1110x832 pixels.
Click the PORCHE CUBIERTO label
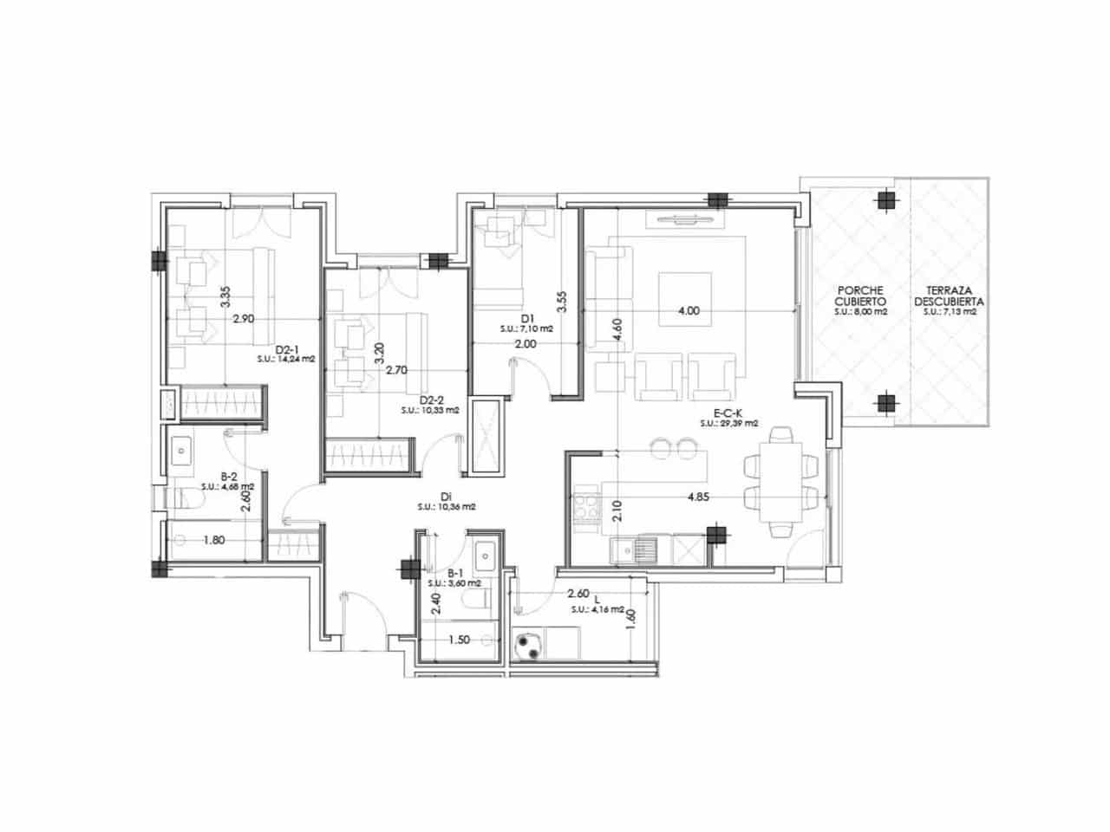(860, 296)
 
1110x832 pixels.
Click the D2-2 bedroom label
(430, 400)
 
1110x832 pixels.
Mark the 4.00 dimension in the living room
(688, 310)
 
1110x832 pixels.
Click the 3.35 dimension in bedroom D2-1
(225, 297)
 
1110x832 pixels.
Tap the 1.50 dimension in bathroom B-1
(460, 640)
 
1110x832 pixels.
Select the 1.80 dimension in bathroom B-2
(215, 541)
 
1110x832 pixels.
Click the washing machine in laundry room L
(527, 645)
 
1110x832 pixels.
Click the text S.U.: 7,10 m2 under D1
(526, 329)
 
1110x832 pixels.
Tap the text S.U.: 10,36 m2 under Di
(446, 507)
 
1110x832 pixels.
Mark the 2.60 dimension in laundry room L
(578, 595)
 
